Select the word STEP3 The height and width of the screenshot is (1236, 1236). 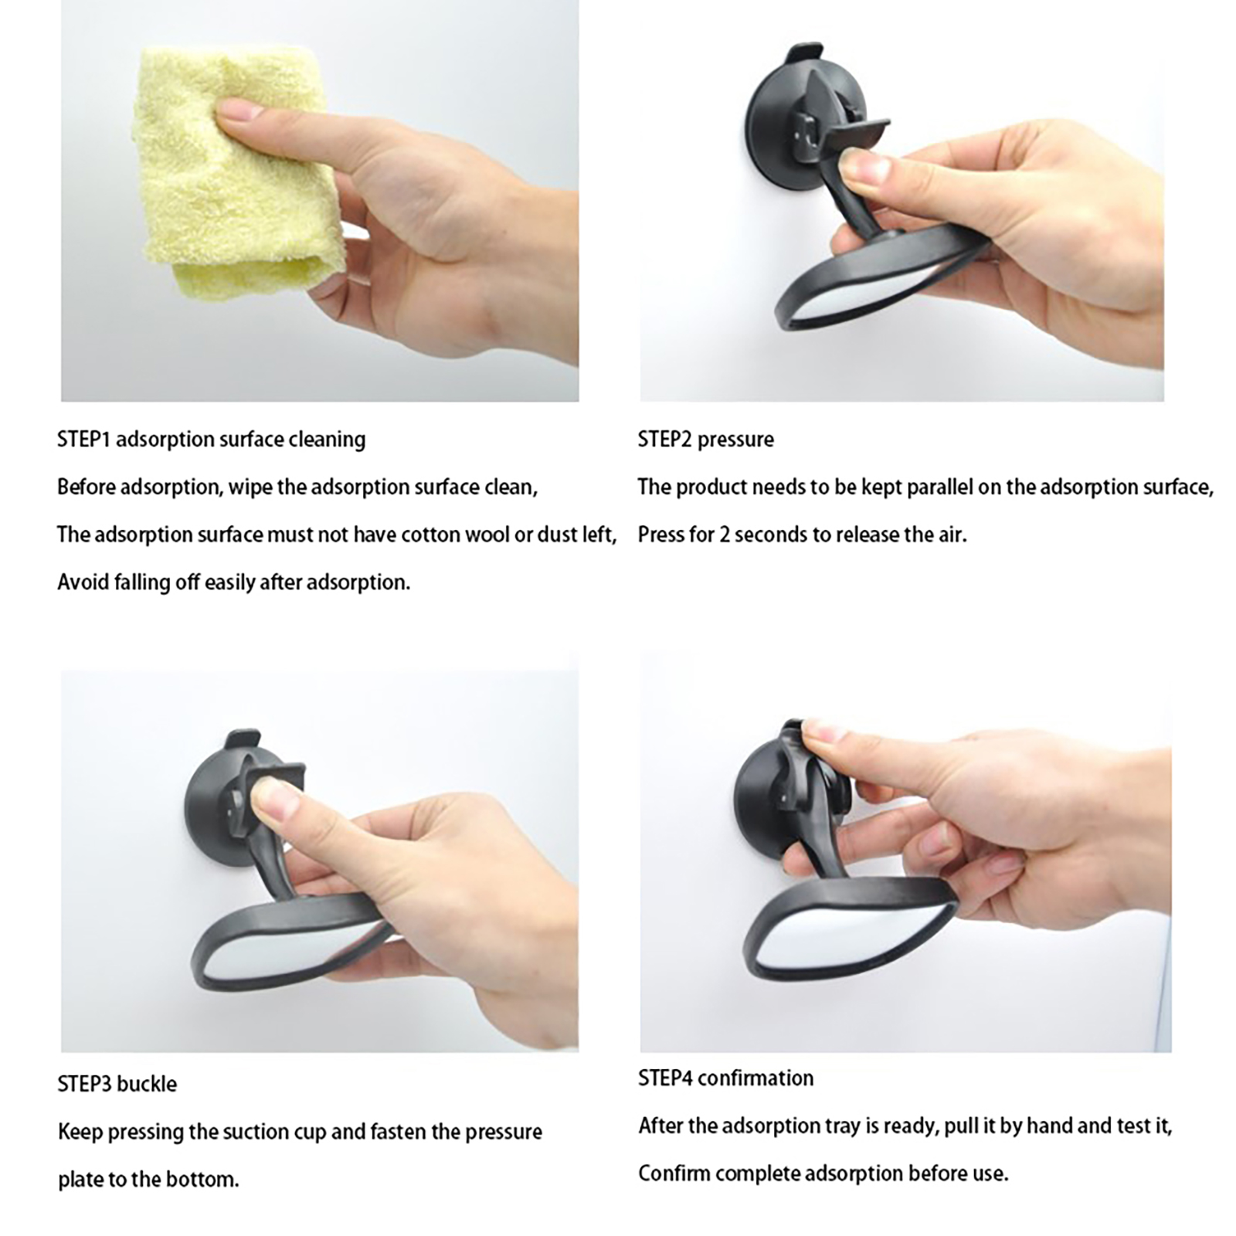pos(84,1084)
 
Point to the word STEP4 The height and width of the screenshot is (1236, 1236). pos(665,1078)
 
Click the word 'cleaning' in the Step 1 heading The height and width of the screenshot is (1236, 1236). pos(327,440)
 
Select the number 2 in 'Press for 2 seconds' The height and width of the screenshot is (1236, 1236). pos(724,535)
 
